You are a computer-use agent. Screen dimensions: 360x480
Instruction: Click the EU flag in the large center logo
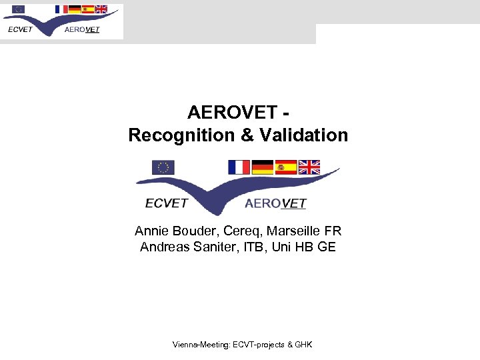[x=163, y=167]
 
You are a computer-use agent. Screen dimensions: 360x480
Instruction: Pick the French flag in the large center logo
[x=238, y=167]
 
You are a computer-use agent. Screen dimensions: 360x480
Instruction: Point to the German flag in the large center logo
[x=263, y=167]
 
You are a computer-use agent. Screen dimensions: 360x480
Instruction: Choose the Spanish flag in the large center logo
[x=285, y=167]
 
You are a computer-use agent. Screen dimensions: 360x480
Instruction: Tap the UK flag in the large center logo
[x=309, y=167]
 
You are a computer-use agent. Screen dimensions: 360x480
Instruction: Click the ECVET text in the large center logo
[x=167, y=203]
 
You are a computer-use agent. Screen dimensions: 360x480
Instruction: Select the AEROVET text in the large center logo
[x=275, y=203]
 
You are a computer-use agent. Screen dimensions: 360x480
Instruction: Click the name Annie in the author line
[x=152, y=231]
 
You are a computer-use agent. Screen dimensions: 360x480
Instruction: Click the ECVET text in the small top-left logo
[x=20, y=29]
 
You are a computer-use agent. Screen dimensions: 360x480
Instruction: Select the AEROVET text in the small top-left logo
[x=82, y=29]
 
